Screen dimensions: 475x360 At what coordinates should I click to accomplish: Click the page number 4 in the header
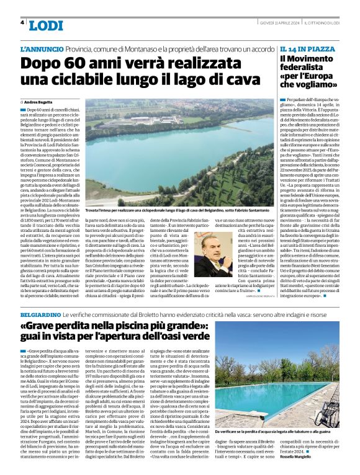coord(22,23)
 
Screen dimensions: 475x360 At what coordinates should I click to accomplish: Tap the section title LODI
coord(46,25)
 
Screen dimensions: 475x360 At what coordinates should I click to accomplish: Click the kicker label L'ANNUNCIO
coord(42,48)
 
